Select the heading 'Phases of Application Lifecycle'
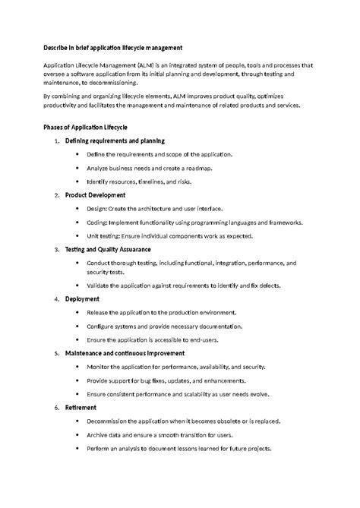pos(84,126)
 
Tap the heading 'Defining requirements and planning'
pos(115,141)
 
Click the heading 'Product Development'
pos(95,195)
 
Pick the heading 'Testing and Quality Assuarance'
pos(108,249)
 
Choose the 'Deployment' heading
pos(83,299)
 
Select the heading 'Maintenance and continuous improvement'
pos(126,353)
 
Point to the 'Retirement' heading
pos(81,407)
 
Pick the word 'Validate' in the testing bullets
pos(99,286)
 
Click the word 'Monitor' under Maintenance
pos(99,367)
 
